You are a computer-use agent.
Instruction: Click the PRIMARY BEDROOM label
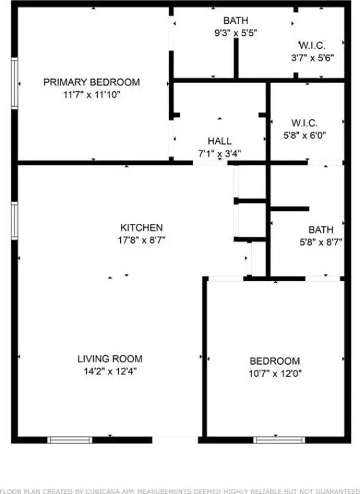(91, 82)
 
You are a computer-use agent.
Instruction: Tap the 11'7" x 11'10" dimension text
(92, 95)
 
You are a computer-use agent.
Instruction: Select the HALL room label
(219, 141)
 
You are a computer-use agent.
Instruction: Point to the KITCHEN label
(141, 228)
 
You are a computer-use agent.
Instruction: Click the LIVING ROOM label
(110, 358)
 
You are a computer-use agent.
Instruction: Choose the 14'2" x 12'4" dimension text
(110, 371)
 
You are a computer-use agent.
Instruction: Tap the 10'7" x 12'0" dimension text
(275, 374)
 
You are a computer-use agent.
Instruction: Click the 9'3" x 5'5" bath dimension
(235, 33)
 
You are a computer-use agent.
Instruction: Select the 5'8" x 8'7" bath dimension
(321, 242)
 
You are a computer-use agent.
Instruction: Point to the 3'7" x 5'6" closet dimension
(312, 58)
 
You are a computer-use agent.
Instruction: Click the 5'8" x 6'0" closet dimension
(305, 136)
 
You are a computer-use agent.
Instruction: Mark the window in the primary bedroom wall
(15, 84)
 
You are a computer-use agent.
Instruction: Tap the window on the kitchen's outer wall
(15, 221)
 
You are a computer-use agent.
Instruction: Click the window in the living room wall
(70, 440)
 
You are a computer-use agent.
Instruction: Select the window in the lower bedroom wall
(280, 440)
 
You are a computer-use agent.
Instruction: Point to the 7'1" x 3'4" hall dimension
(219, 154)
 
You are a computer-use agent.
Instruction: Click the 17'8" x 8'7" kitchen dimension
(141, 241)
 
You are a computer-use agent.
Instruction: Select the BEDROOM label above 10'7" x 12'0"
(274, 361)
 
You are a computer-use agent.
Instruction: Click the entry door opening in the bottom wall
(175, 440)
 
